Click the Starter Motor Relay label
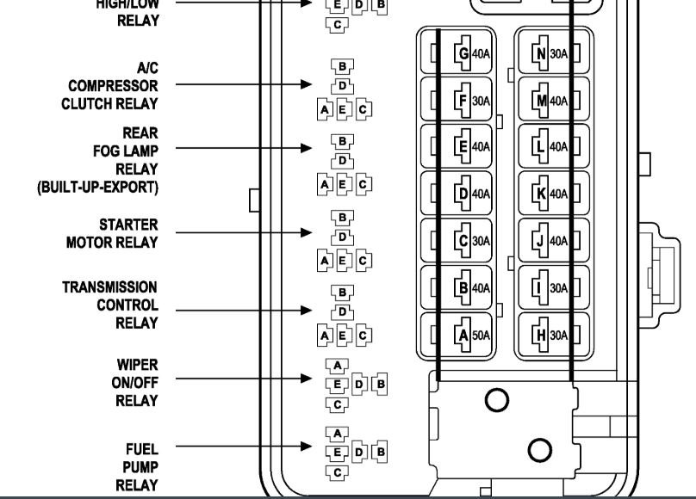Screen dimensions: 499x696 (113, 233)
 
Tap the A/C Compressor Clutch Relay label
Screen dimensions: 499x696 (110, 86)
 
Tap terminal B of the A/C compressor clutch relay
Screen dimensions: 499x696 (342, 66)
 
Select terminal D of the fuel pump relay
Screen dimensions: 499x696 (359, 452)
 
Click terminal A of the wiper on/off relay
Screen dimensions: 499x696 (338, 366)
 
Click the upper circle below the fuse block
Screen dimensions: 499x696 (496, 399)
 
